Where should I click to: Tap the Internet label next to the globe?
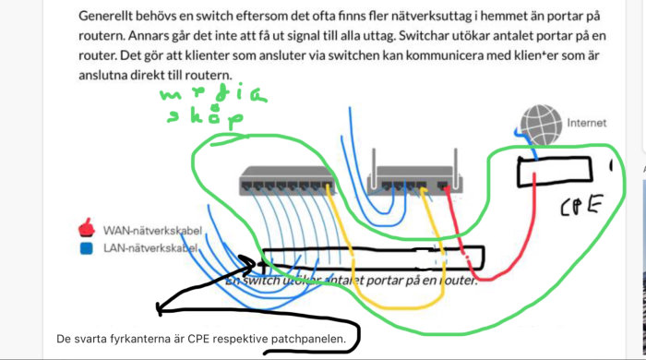tap(587, 121)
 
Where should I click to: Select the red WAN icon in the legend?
tap(87, 228)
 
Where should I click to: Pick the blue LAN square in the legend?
tap(86, 248)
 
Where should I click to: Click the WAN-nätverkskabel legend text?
tap(150, 229)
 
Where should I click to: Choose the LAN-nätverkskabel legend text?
tap(149, 248)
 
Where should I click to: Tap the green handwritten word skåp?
tap(205, 118)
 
